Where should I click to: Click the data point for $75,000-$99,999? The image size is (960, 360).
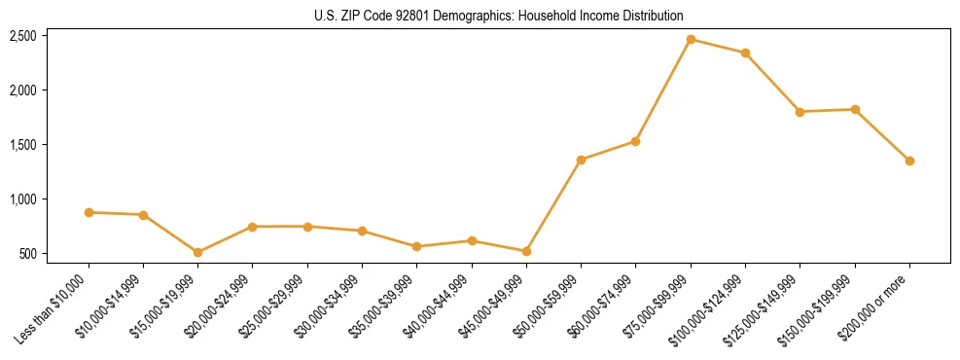click(691, 40)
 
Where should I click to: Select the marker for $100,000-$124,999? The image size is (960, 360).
click(745, 53)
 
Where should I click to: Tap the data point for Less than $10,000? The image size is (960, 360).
click(89, 212)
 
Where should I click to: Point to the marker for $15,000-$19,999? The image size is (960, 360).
click(198, 252)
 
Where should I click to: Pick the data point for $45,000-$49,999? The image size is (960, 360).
click(526, 251)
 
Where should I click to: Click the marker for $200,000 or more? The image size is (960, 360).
click(909, 161)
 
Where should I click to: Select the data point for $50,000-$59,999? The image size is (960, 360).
click(581, 160)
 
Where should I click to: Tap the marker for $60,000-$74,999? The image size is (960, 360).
click(635, 141)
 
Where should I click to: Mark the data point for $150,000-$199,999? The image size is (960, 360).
click(855, 109)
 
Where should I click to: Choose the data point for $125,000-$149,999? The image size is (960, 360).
click(800, 112)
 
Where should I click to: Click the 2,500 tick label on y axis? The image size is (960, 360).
click(23, 36)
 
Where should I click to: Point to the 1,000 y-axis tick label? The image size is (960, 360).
click(23, 199)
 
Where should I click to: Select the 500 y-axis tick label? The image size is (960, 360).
click(27, 254)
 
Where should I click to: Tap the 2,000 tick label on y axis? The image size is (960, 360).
click(23, 90)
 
